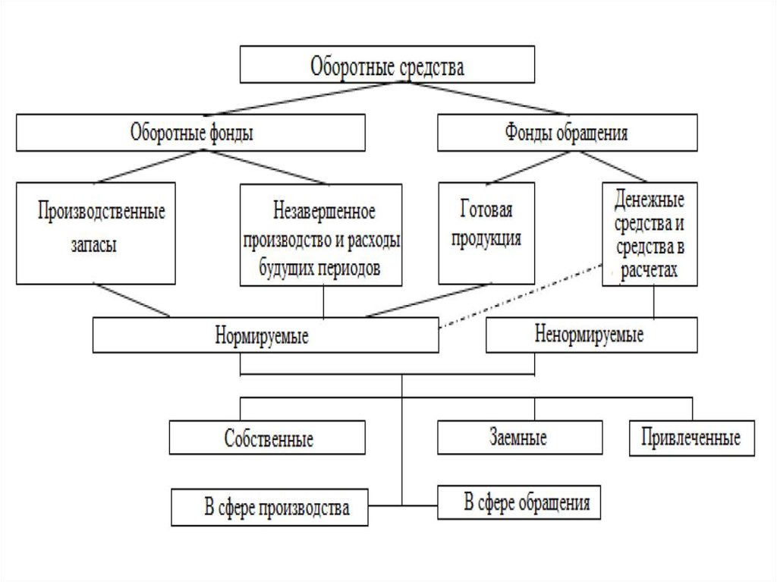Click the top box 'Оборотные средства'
point(387,64)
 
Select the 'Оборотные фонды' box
point(190,133)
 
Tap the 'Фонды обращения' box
point(568,132)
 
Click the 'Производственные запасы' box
point(96,234)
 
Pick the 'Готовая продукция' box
point(486,234)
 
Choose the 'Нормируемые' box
point(266,335)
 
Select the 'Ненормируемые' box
point(592,335)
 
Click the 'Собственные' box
point(268,438)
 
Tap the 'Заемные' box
point(520,437)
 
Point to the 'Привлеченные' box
point(692,438)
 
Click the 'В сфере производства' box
point(269,507)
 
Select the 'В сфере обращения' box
point(519,502)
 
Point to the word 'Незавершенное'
point(324,211)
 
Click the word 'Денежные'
point(650,200)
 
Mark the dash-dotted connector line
point(521,296)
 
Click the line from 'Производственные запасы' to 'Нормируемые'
point(132,300)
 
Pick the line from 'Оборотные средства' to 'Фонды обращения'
point(485,98)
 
